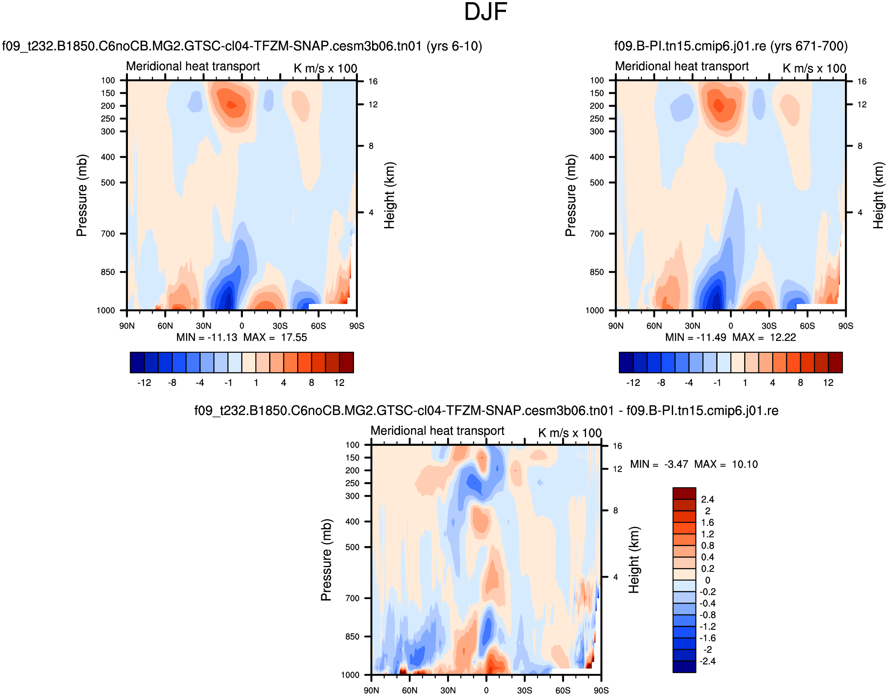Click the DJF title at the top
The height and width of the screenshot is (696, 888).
point(485,12)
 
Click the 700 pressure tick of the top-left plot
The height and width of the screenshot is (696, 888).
point(108,234)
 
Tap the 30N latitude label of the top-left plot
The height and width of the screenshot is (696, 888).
point(204,326)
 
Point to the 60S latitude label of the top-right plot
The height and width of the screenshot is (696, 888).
point(807,326)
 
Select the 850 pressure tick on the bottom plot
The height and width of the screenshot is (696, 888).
point(352,637)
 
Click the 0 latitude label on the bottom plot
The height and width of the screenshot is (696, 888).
point(486,690)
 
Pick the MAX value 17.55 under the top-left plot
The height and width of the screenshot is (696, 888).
point(294,338)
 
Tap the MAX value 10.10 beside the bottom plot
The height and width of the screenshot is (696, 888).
point(745,464)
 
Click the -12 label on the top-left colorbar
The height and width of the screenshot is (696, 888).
point(144,383)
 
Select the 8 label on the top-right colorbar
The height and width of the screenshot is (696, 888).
point(800,383)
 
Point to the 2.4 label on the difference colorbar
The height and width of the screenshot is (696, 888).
point(708,500)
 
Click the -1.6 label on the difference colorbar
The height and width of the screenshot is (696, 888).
point(708,638)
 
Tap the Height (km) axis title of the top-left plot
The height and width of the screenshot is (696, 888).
point(389,196)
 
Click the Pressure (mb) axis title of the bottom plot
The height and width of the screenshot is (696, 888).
point(326,560)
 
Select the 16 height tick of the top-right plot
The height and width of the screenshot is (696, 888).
point(862,81)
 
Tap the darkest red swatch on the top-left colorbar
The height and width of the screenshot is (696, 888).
point(347,362)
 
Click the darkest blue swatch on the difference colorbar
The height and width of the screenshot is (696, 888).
point(684,667)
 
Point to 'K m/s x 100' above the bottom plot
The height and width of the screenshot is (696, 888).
point(570,433)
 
